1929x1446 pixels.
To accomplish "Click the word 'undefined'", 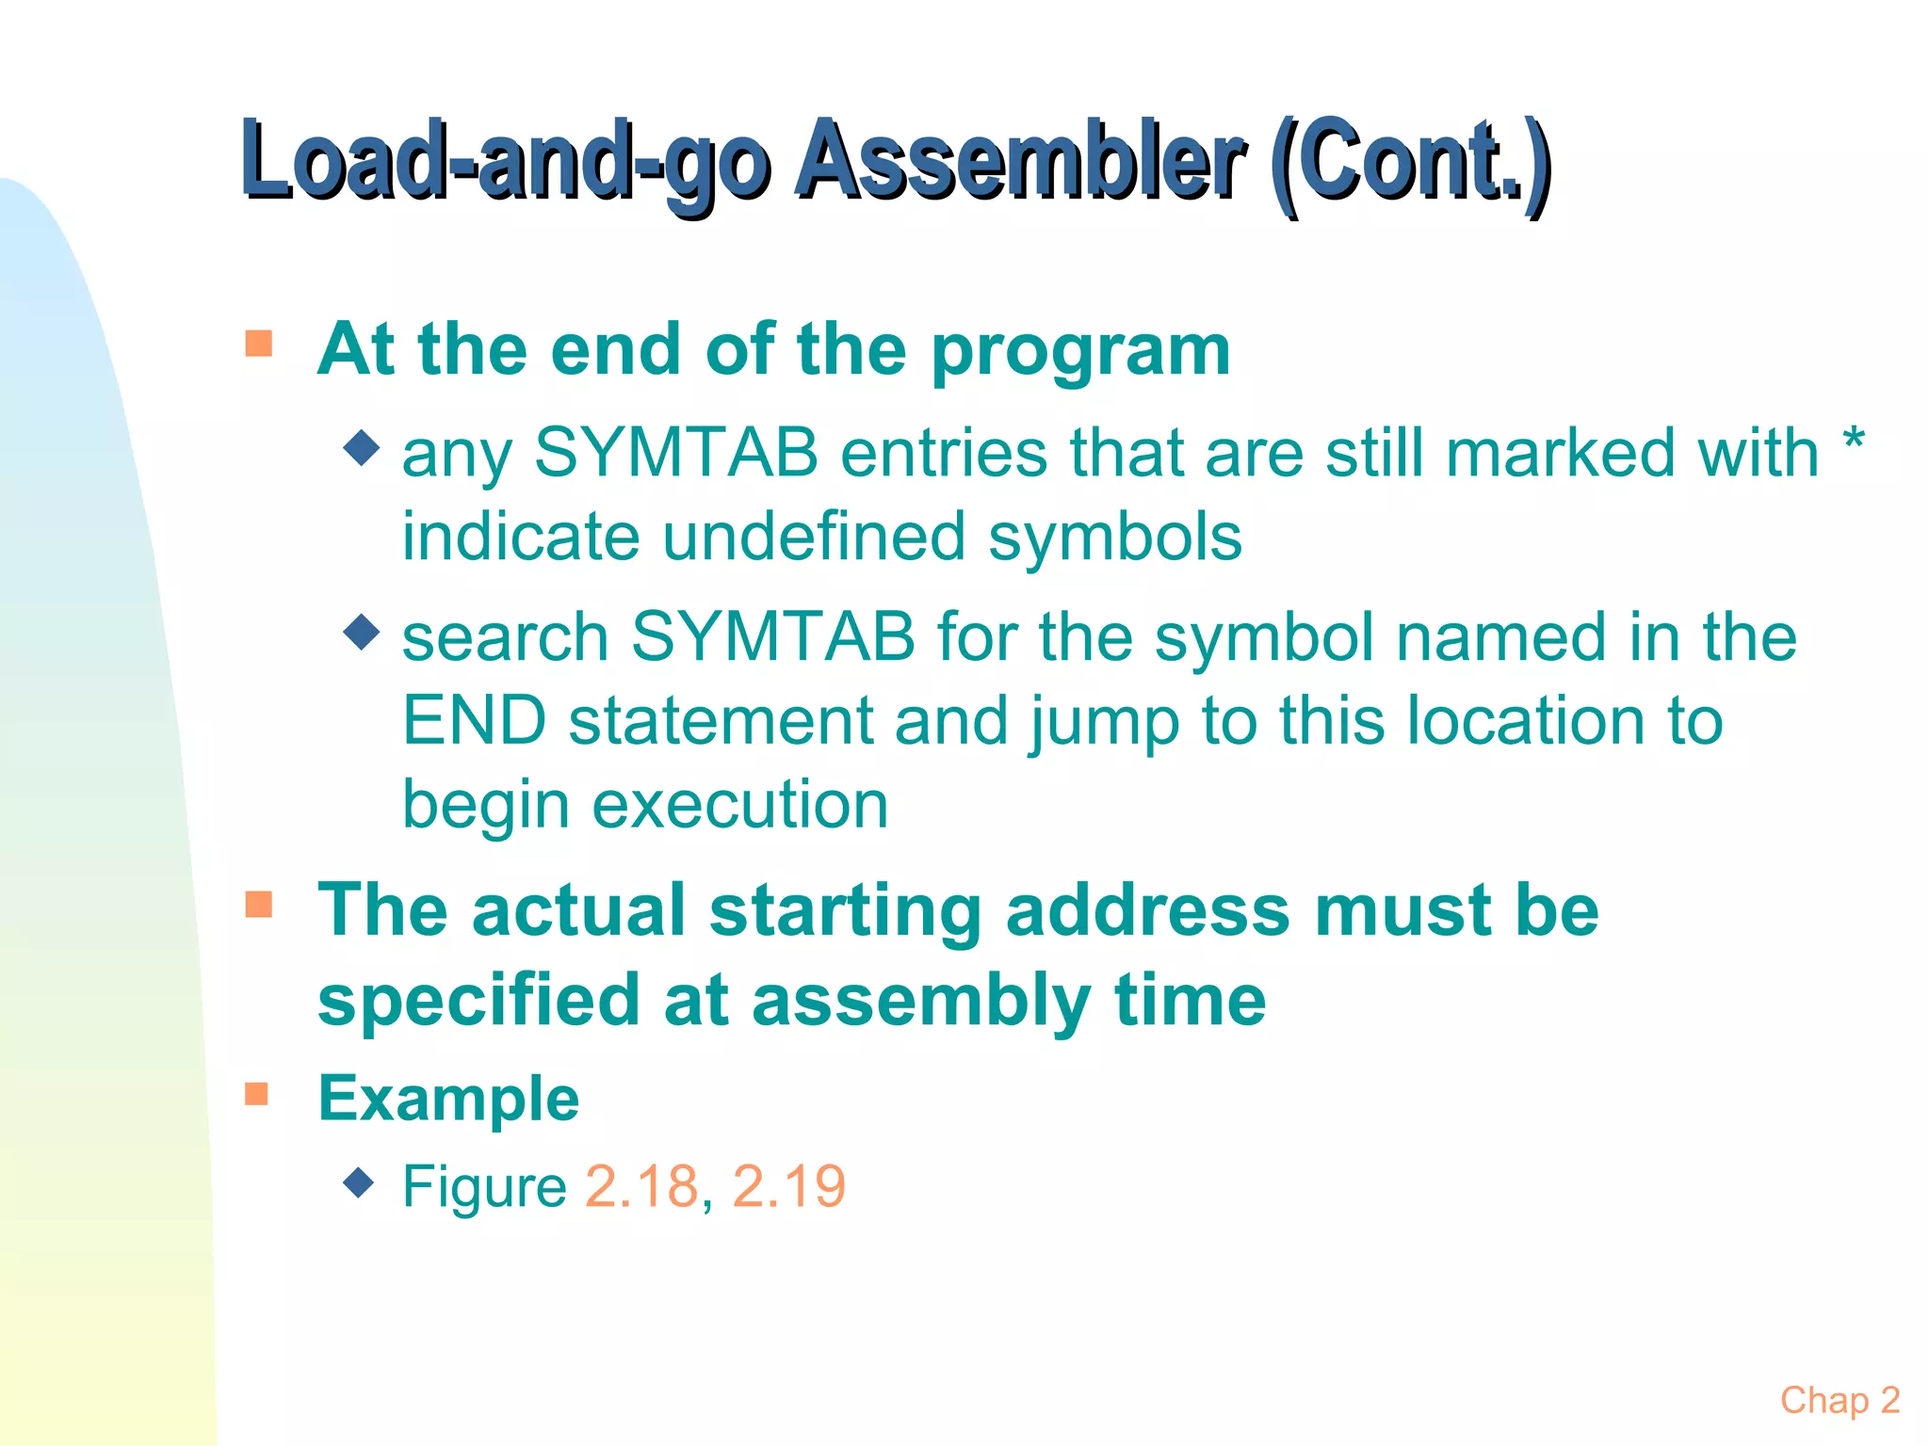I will (815, 537).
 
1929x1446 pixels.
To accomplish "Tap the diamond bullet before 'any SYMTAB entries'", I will (361, 448).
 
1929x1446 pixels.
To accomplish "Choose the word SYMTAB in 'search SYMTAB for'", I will (772, 637).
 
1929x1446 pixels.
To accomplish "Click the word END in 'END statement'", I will (475, 721).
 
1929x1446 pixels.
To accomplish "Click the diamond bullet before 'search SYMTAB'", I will (361, 632).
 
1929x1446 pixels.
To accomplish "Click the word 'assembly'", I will (921, 1002).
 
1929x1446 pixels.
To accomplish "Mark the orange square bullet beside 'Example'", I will (257, 1094).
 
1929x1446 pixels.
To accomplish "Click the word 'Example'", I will (448, 1099).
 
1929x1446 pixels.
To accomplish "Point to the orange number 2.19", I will (788, 1186).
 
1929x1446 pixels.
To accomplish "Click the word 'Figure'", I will (484, 1186).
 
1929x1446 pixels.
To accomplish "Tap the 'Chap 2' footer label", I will (1840, 1400).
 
